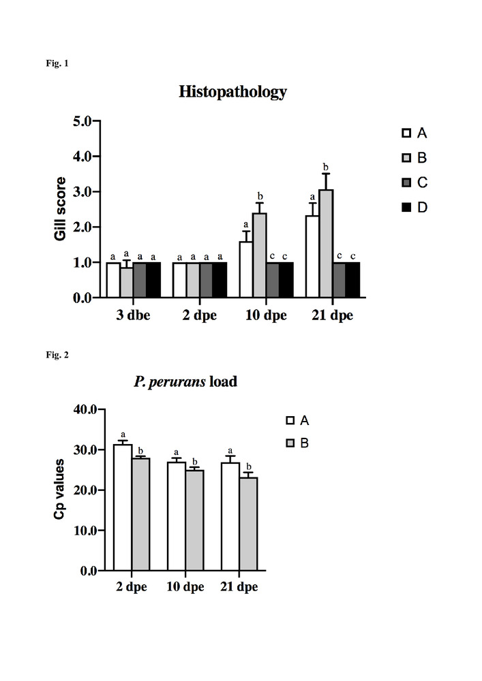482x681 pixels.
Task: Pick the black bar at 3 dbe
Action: coord(153,280)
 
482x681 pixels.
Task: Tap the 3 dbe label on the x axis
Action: coord(133,317)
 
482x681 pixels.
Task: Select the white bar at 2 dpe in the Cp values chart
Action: coord(123,507)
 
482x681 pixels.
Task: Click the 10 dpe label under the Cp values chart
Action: coord(185,587)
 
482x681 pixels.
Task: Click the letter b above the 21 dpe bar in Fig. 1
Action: coord(325,167)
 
